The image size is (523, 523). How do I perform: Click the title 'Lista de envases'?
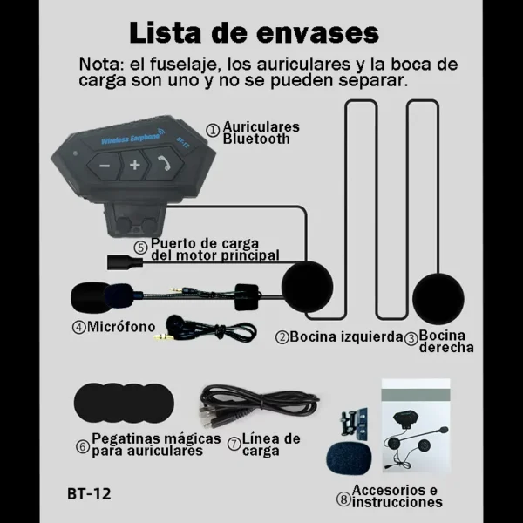point(254,32)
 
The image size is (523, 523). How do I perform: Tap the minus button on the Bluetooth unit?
point(105,165)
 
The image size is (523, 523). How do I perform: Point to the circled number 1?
point(213,128)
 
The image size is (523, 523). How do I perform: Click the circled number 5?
point(139,248)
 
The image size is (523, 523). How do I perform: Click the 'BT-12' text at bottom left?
point(89,494)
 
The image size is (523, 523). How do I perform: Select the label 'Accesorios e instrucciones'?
point(397,496)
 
